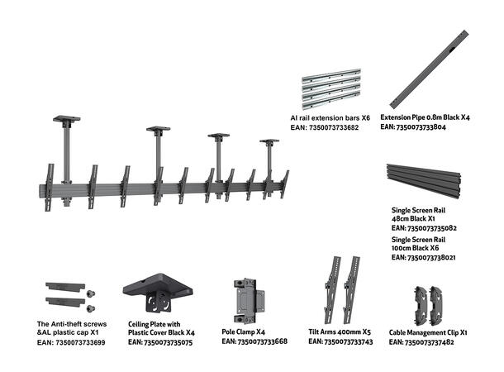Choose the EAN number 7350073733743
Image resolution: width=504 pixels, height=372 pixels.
[x=348, y=341]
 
